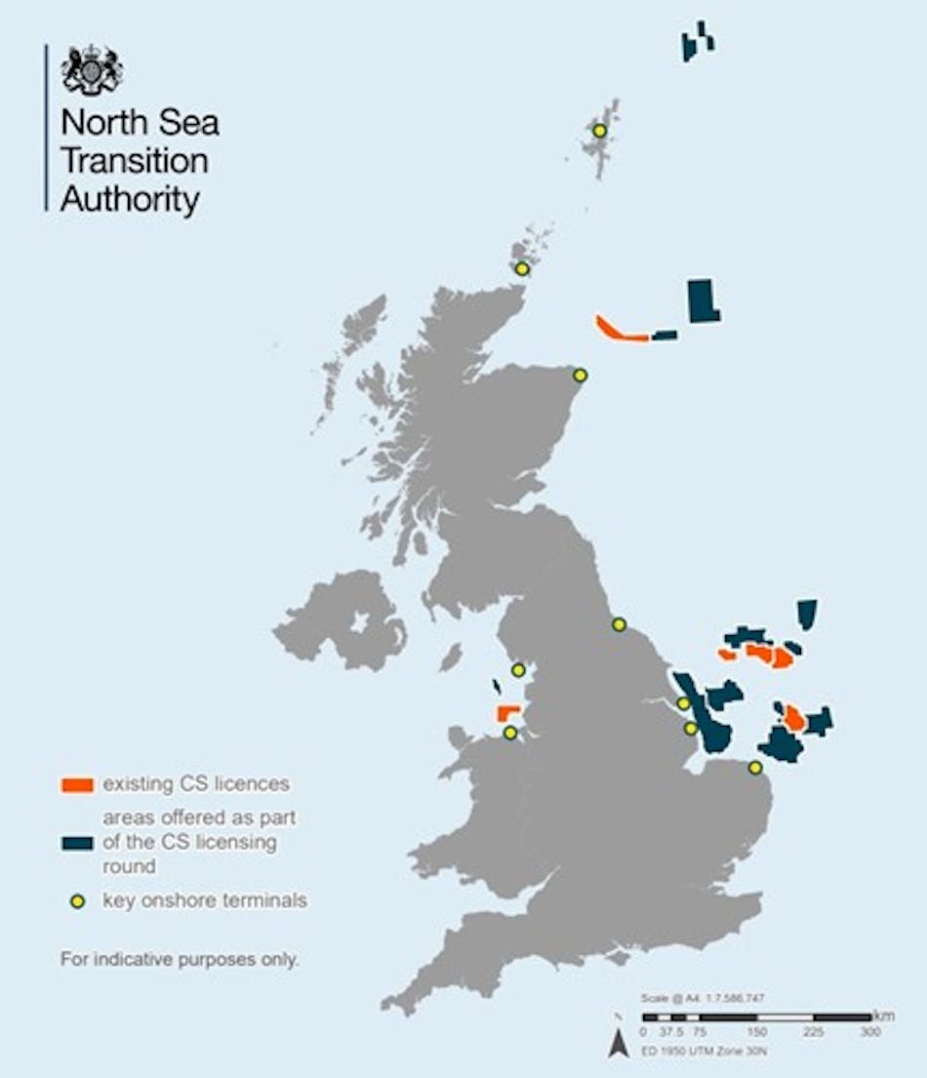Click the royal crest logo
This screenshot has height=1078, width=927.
point(92,70)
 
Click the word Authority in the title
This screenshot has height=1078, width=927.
point(130,199)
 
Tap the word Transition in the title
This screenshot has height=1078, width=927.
point(134,162)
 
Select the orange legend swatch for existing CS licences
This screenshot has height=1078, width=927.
point(76,783)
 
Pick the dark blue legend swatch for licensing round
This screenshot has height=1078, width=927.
point(76,842)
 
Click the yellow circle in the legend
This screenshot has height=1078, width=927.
point(77,900)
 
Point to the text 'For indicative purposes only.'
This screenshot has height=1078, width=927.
point(180,959)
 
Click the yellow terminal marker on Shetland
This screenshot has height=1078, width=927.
point(599,131)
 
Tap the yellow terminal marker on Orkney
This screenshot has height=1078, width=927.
point(522,268)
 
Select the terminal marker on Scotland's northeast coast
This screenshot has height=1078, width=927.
point(580,375)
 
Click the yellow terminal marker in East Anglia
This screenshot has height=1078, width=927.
point(754,768)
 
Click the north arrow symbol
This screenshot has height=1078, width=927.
point(618,1044)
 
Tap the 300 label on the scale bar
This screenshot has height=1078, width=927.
point(870,1031)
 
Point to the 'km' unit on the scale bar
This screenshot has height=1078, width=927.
point(884,1016)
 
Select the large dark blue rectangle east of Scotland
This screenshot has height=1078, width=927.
point(703,300)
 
